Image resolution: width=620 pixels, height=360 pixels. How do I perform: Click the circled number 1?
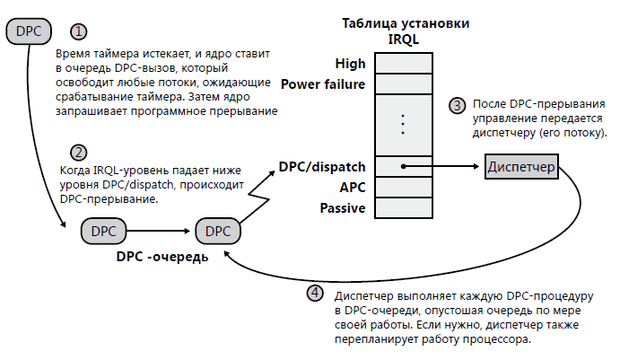(81, 31)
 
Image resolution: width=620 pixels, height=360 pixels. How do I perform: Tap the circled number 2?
(81, 152)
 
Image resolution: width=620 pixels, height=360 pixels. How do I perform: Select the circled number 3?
(458, 105)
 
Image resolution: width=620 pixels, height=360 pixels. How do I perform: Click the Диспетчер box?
(521, 167)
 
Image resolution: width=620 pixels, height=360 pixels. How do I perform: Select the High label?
(349, 64)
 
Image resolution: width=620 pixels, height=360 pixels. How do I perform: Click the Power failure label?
(323, 84)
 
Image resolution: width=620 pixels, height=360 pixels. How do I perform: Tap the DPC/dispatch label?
(321, 166)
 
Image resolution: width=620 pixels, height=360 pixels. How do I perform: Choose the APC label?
(352, 188)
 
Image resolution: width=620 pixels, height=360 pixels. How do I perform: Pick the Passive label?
(342, 208)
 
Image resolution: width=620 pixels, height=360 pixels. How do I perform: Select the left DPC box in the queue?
(105, 231)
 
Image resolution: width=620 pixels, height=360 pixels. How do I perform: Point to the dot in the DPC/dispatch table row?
(405, 167)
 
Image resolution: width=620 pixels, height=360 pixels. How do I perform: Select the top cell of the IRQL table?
(405, 64)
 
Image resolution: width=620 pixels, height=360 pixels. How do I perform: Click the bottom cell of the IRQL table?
(405, 208)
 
